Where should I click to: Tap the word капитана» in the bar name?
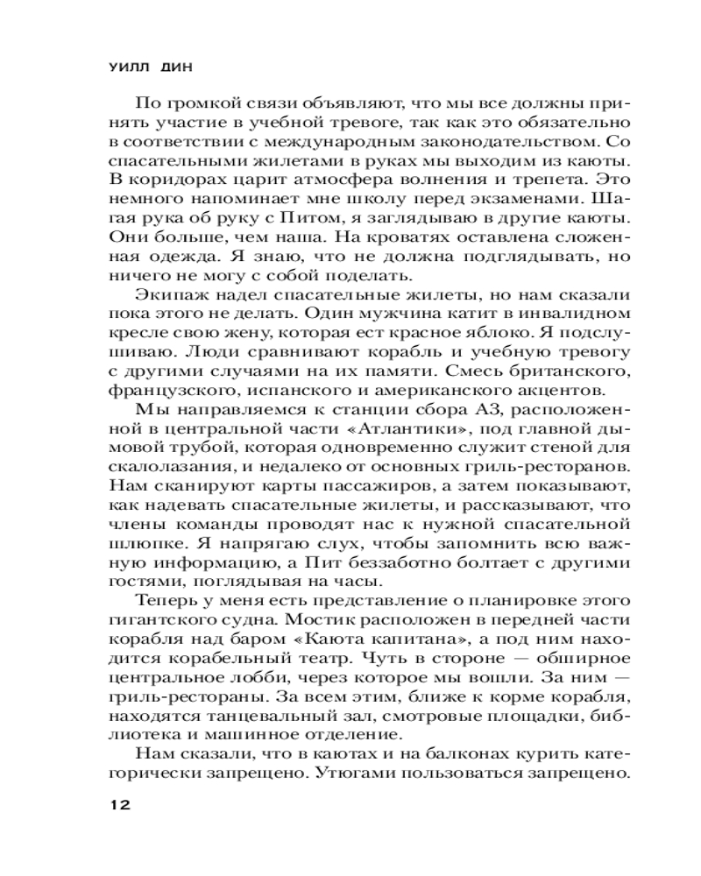367,642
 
